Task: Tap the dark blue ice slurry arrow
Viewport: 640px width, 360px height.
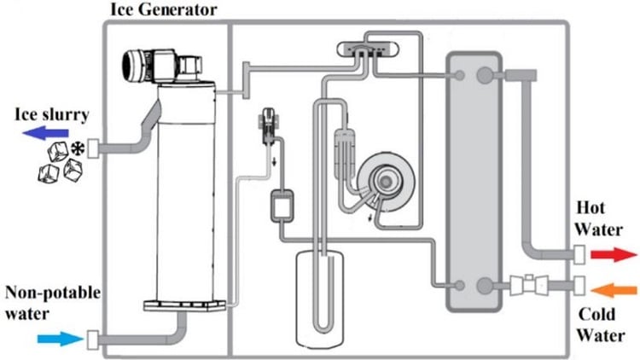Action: tap(47, 132)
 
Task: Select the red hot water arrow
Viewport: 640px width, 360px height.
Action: tap(614, 253)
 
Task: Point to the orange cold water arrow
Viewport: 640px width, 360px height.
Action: tap(612, 286)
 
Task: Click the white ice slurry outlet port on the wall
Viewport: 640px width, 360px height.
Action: tap(95, 148)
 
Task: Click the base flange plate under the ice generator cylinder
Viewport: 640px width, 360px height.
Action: tap(185, 305)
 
